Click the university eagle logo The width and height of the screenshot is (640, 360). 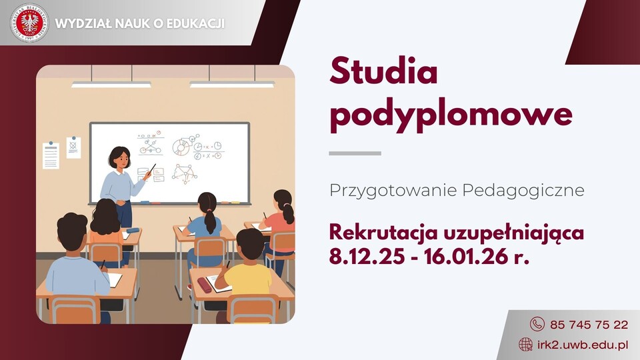(x=29, y=23)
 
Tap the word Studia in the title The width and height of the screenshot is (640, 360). (x=383, y=72)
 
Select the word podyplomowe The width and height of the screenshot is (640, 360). (x=451, y=115)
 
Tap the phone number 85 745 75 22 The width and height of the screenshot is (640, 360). (x=589, y=325)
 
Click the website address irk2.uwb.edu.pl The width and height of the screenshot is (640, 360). (x=583, y=345)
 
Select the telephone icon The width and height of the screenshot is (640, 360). (x=537, y=324)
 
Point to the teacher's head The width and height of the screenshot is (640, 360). (x=119, y=158)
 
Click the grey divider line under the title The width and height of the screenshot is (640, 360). (x=355, y=153)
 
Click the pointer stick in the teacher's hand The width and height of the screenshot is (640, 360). (x=151, y=169)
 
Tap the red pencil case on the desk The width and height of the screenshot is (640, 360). (x=204, y=285)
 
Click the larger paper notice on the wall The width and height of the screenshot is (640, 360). (x=51, y=155)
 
